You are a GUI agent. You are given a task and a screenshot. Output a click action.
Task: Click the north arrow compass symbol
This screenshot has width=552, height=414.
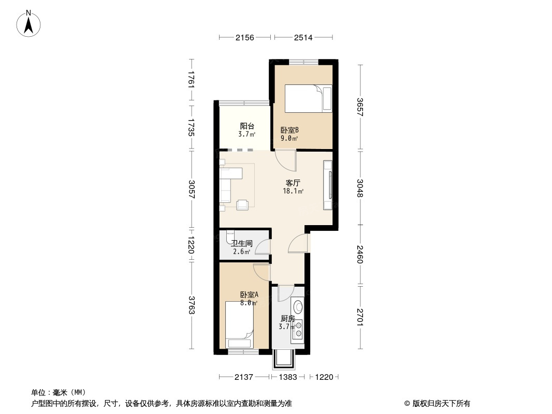(x=28, y=24)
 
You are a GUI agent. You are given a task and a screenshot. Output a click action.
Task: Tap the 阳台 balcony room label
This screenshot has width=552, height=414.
(x=247, y=126)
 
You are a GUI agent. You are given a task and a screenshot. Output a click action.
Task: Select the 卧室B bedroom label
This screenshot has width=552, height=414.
(x=290, y=130)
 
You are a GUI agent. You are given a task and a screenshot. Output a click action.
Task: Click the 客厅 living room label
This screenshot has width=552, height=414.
(x=293, y=183)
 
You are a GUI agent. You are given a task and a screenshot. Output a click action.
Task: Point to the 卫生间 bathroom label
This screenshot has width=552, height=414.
(x=242, y=243)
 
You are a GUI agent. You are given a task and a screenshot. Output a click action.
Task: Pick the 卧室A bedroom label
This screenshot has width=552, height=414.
(x=249, y=295)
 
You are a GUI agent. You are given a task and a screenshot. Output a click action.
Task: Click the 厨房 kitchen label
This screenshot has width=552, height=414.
(x=287, y=319)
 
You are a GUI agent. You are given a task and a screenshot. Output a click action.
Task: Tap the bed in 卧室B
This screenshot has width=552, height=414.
(x=308, y=98)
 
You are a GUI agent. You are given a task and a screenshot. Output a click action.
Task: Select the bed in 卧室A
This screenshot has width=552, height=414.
(x=239, y=324)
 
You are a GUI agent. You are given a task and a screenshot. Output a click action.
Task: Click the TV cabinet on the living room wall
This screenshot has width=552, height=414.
(x=328, y=185)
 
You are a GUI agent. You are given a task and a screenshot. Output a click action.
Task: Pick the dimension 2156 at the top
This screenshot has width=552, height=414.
(x=244, y=37)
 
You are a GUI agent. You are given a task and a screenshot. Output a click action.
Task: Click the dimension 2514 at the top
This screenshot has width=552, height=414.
(x=303, y=37)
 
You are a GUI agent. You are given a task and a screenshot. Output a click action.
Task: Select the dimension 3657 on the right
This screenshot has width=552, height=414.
(x=360, y=107)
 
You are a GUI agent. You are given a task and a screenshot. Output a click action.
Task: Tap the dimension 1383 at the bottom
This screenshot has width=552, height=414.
(x=288, y=377)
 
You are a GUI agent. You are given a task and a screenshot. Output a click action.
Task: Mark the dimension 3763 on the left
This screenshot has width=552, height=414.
(x=191, y=305)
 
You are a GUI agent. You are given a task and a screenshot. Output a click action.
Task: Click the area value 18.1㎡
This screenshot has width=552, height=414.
(x=293, y=191)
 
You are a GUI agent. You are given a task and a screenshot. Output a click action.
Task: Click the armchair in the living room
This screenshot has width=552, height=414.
(x=242, y=205)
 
